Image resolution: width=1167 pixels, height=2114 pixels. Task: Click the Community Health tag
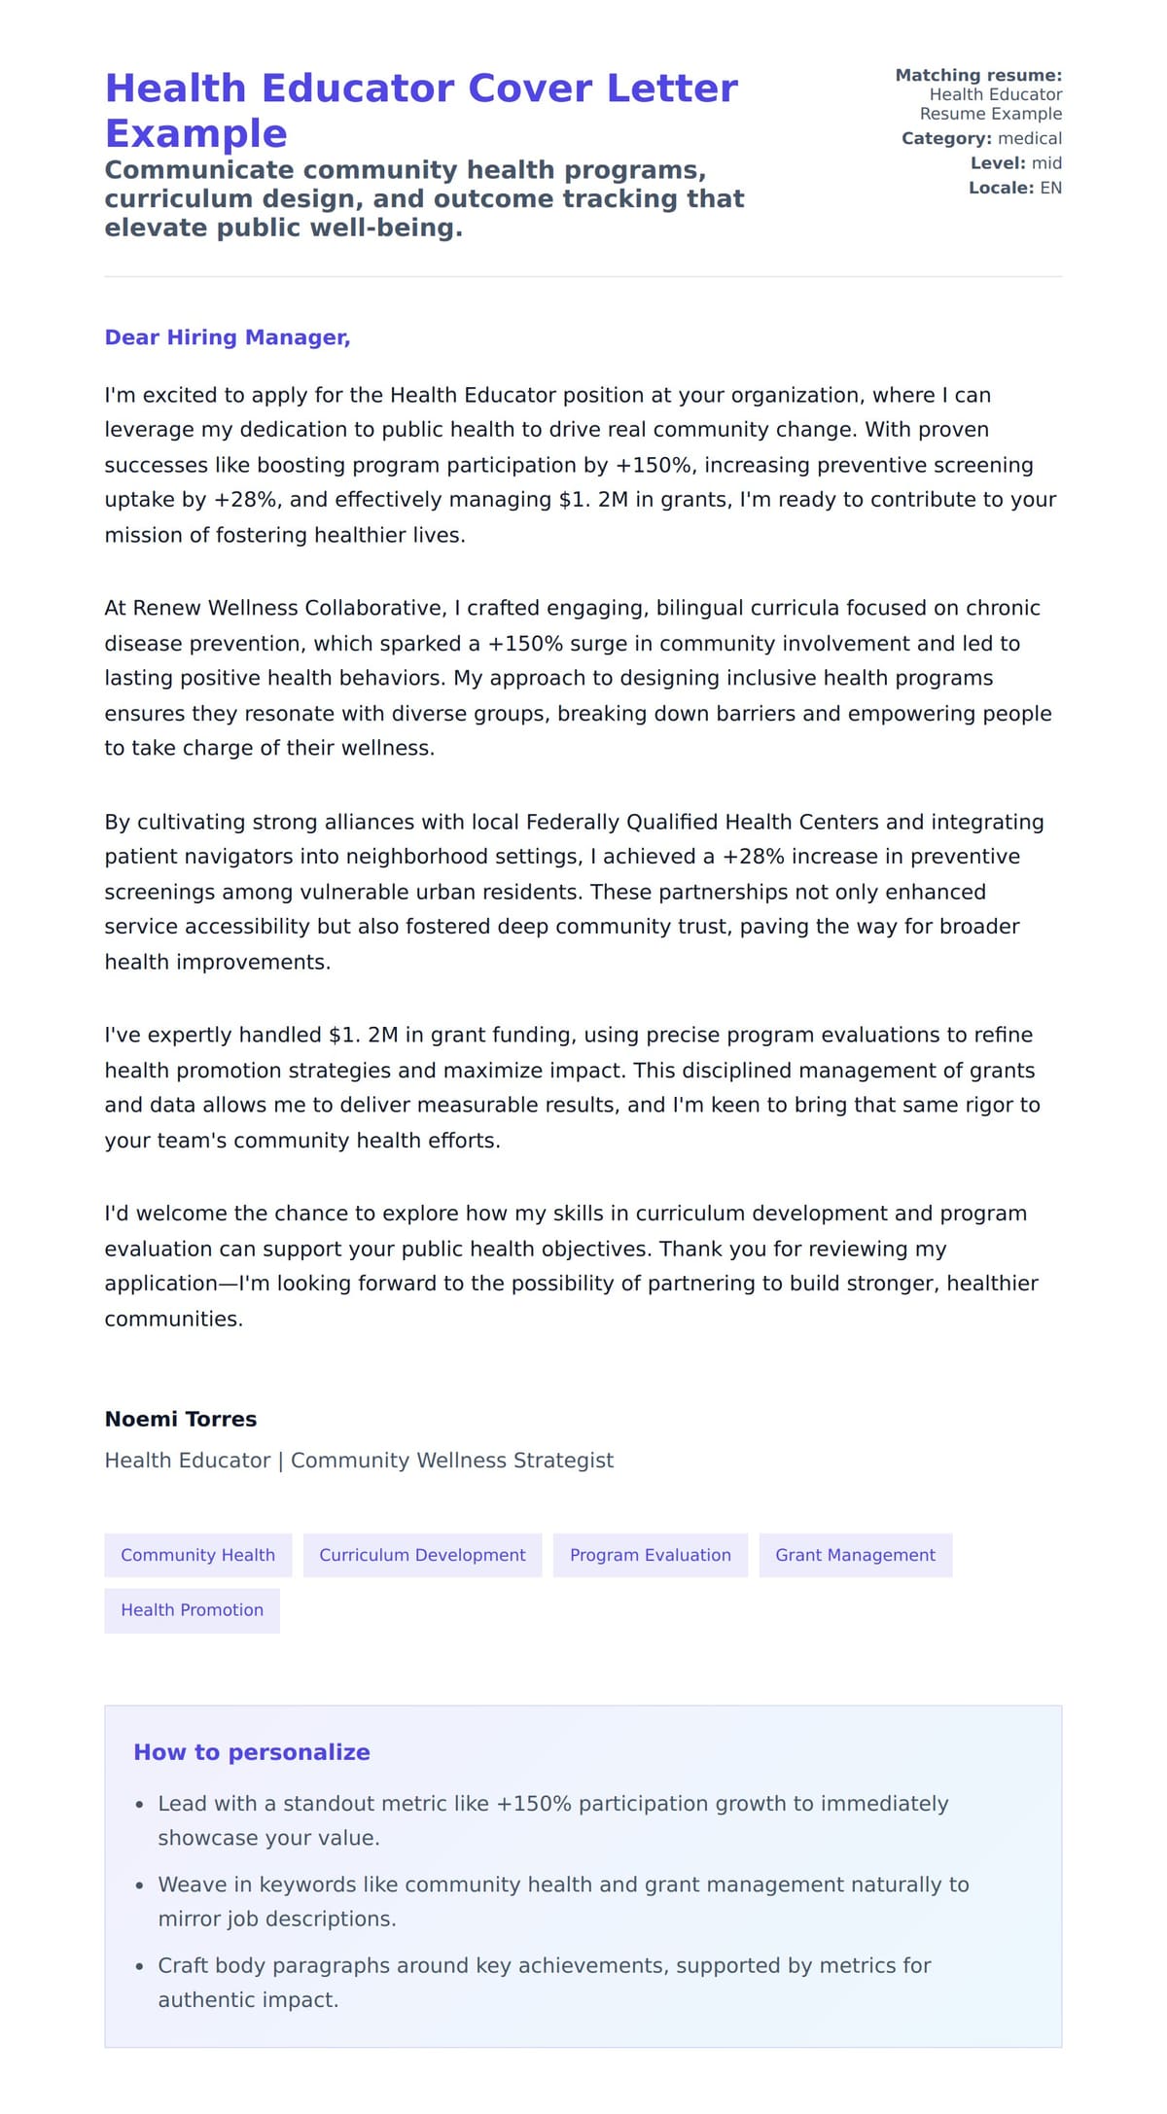pyautogui.click(x=197, y=1555)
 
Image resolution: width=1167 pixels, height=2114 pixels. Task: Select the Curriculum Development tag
pyautogui.click(x=422, y=1555)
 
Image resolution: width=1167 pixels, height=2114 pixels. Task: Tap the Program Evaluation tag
pyautogui.click(x=650, y=1555)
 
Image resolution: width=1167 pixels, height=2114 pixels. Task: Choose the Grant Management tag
pyautogui.click(x=855, y=1555)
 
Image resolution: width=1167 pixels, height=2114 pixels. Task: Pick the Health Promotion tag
pyautogui.click(x=192, y=1609)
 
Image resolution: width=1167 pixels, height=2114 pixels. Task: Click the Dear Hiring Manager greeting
pyautogui.click(x=227, y=337)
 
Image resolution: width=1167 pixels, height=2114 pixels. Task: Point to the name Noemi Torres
pyautogui.click(x=181, y=1419)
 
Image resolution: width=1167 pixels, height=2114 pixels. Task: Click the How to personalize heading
pyautogui.click(x=251, y=1752)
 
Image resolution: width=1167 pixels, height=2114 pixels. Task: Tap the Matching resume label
pyautogui.click(x=977, y=75)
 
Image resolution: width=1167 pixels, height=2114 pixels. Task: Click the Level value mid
pyautogui.click(x=1046, y=163)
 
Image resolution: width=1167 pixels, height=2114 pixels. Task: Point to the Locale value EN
pyautogui.click(x=1050, y=188)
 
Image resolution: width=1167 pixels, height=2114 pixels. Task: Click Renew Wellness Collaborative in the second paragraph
pyautogui.click(x=275, y=608)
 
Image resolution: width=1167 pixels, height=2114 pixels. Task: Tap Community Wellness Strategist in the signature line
pyautogui.click(x=452, y=1460)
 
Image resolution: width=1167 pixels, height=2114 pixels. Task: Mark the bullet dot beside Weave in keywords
pyautogui.click(x=139, y=1885)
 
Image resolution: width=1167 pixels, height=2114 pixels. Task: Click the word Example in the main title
pyautogui.click(x=195, y=133)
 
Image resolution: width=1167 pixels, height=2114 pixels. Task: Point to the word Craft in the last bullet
pyautogui.click(x=183, y=1965)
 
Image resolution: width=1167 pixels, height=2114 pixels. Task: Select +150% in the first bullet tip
pyautogui.click(x=533, y=1804)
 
